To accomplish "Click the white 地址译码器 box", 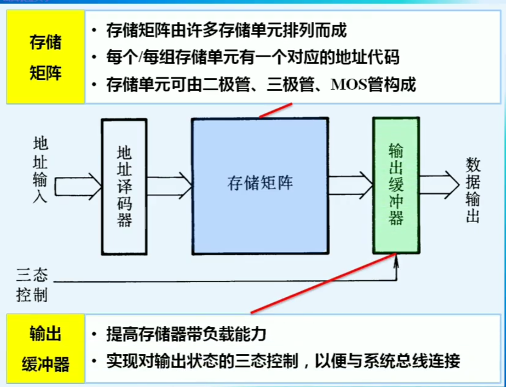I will (x=124, y=187).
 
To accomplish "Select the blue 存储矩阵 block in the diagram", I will (x=260, y=186).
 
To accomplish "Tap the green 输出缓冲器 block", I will (x=396, y=185).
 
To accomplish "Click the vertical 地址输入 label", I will (x=40, y=170).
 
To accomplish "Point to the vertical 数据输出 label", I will (x=473, y=190).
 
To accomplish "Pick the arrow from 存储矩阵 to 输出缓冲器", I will (x=351, y=185).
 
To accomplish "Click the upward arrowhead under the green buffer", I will (x=396, y=261).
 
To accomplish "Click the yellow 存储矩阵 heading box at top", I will (x=46, y=57).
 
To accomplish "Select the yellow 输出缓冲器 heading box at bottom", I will (x=46, y=349).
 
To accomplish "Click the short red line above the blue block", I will (x=276, y=110).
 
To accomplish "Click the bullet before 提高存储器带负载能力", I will (x=94, y=334).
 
